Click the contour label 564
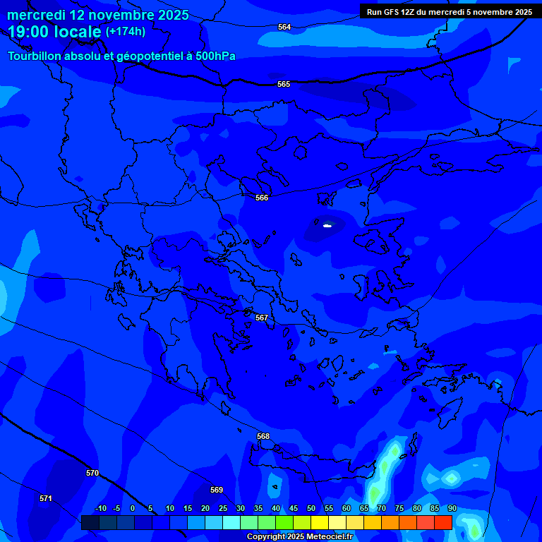click(x=284, y=27)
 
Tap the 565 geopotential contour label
click(x=284, y=84)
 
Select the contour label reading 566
click(x=262, y=198)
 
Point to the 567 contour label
click(x=262, y=318)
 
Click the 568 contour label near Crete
click(x=263, y=436)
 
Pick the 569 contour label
click(x=217, y=490)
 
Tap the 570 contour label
click(x=92, y=473)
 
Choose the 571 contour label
click(x=46, y=498)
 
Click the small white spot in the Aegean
click(x=327, y=226)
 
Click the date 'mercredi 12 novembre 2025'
click(x=98, y=15)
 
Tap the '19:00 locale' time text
click(x=54, y=32)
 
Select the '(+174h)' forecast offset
click(x=126, y=32)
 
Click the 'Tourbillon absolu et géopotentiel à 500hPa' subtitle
click(x=121, y=56)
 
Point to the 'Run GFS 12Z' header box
click(x=450, y=12)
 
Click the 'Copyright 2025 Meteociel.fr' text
click(x=299, y=536)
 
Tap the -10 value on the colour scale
click(x=100, y=508)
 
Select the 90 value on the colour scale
click(x=452, y=508)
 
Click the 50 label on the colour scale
click(x=311, y=508)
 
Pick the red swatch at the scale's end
click(x=443, y=522)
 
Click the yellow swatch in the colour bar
click(x=320, y=522)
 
